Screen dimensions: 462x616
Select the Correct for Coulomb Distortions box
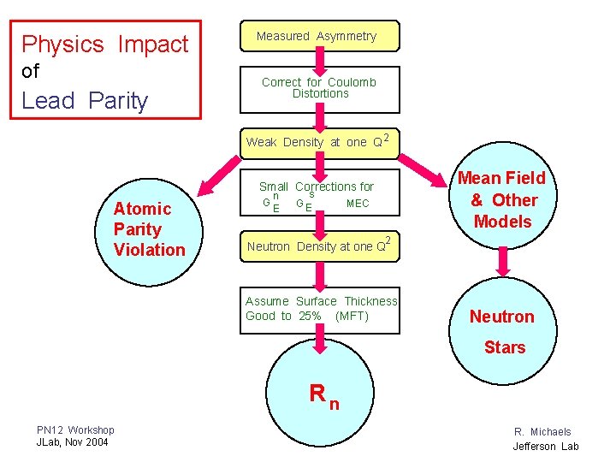point(320,88)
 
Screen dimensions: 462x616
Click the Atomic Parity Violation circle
point(149,229)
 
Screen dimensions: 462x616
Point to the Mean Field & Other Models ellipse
point(502,200)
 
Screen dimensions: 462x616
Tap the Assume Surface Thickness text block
point(321,309)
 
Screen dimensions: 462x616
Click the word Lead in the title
point(48,101)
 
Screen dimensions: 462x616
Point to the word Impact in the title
point(153,44)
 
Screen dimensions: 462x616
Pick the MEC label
point(358,204)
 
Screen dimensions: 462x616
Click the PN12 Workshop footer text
point(75,429)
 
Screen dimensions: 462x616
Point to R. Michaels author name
point(542,432)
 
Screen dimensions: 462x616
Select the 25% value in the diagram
point(310,317)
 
